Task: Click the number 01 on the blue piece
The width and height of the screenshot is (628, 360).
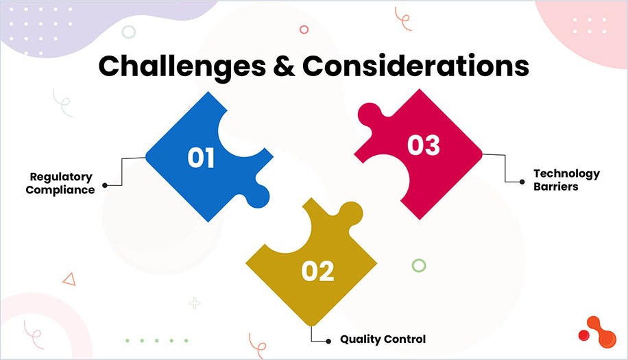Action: [x=202, y=158]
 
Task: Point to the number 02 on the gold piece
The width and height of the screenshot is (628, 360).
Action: [x=317, y=272]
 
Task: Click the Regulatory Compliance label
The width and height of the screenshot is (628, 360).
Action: [x=60, y=184]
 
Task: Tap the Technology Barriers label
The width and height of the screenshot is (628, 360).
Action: [x=566, y=180]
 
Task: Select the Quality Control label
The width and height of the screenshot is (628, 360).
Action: [x=383, y=339]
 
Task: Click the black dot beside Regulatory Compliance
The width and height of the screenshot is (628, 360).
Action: [x=104, y=184]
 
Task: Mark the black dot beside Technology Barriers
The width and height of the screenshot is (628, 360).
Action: [x=522, y=182]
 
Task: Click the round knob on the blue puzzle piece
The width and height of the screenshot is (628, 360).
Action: [x=260, y=193]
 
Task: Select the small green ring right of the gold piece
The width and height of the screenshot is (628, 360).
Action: [x=418, y=265]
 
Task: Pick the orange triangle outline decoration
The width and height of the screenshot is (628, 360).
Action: [x=68, y=278]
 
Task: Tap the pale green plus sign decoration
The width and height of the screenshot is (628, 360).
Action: [x=195, y=302]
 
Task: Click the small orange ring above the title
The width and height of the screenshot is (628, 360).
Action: [x=304, y=29]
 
